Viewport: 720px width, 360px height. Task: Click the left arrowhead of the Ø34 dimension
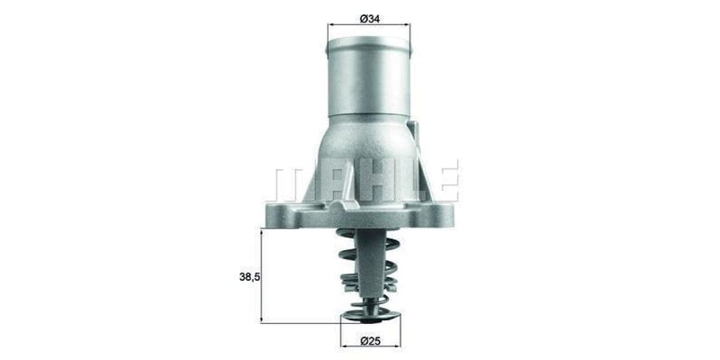pyautogui.click(x=328, y=27)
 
